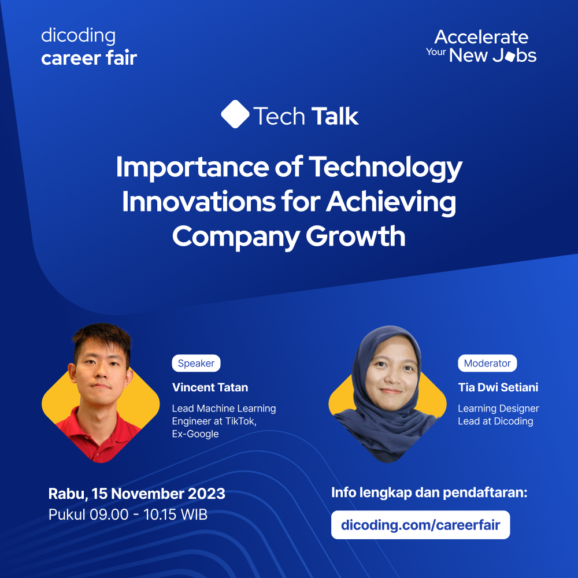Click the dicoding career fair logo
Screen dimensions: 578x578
pyautogui.click(x=89, y=47)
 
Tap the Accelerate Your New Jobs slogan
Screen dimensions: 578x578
pyautogui.click(x=481, y=46)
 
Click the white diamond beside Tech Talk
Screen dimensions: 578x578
pyautogui.click(x=235, y=114)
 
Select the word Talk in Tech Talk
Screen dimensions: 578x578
pyautogui.click(x=335, y=117)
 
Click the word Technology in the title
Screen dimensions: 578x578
pyautogui.click(x=385, y=168)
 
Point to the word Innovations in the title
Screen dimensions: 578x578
pyautogui.click(x=199, y=202)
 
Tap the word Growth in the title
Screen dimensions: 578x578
pyautogui.click(x=355, y=236)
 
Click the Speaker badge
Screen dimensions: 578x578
pyautogui.click(x=196, y=363)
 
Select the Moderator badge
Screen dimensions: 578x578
pyautogui.click(x=487, y=363)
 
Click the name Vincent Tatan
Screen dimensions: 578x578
pyautogui.click(x=210, y=387)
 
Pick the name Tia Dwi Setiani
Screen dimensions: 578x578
pyautogui.click(x=498, y=387)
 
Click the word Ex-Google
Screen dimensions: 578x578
pyautogui.click(x=195, y=434)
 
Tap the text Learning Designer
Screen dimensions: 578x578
pyautogui.click(x=498, y=409)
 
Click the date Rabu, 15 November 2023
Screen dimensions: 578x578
pyautogui.click(x=137, y=494)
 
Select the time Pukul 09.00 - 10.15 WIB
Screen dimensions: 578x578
pyautogui.click(x=128, y=514)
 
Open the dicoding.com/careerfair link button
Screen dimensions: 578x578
pyautogui.click(x=421, y=525)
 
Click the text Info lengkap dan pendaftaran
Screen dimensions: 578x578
pyautogui.click(x=429, y=493)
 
